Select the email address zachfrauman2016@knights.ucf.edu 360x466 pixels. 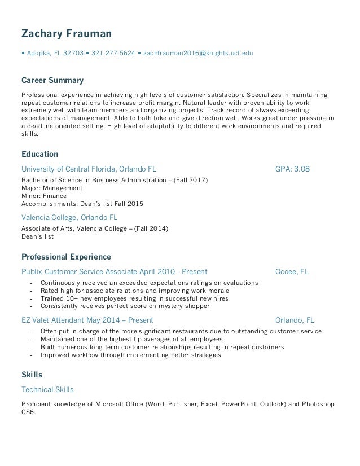[x=198, y=53]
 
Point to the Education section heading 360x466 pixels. [x=39, y=153]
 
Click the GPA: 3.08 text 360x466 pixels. [x=292, y=169]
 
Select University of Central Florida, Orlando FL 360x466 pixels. [x=89, y=169]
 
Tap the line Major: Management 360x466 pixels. [x=51, y=188]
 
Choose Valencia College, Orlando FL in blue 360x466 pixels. [x=69, y=217]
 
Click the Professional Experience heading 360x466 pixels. [x=66, y=257]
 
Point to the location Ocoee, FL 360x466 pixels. [x=292, y=271]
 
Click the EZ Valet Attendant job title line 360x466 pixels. [x=87, y=320]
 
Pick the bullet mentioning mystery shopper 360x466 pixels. [x=125, y=306]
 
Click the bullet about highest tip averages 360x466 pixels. [x=132, y=339]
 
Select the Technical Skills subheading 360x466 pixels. [x=47, y=389]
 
